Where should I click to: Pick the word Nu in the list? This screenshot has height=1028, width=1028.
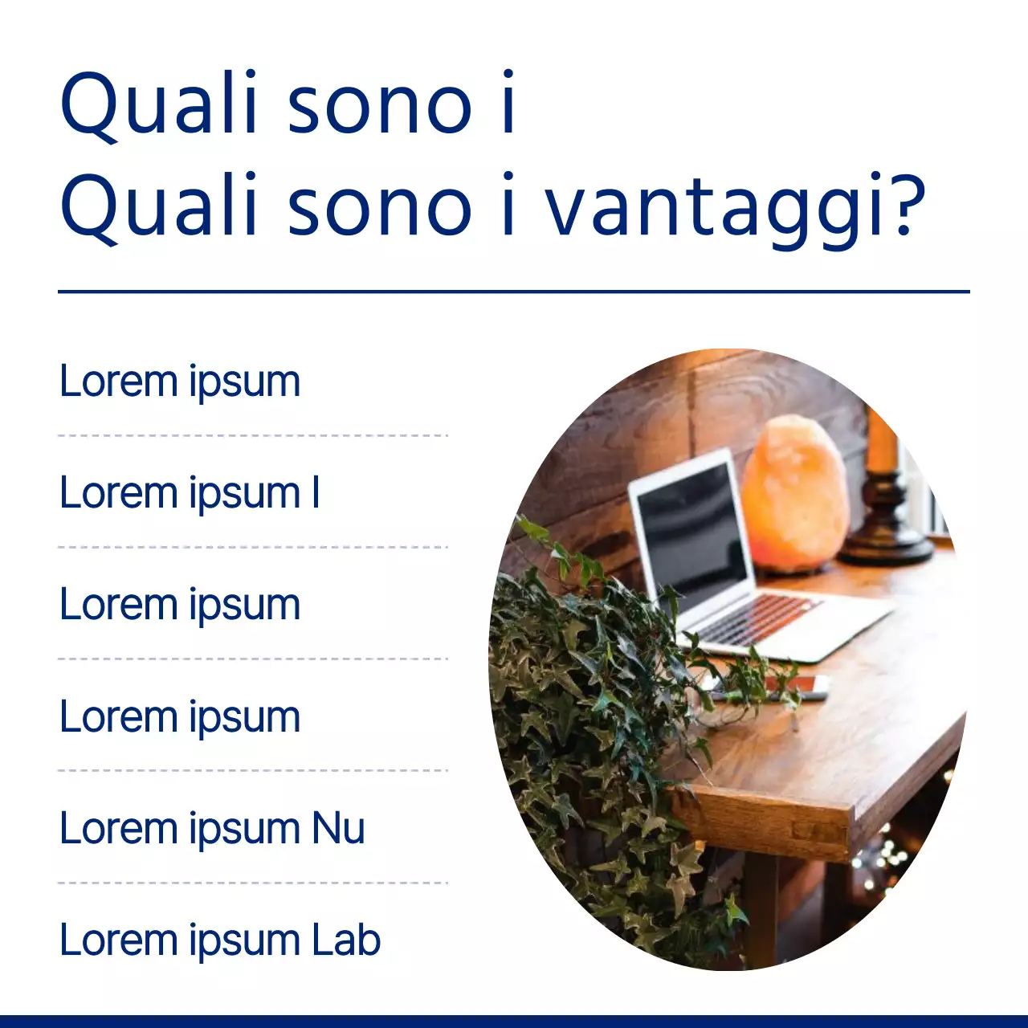(338, 828)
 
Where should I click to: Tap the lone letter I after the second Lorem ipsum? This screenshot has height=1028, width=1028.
(316, 492)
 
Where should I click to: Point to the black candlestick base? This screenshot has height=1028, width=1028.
(886, 530)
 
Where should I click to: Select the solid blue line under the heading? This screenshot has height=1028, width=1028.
(514, 292)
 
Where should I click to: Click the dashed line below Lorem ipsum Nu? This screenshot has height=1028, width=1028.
(253, 883)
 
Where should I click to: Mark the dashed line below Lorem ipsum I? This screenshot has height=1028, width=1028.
(253, 547)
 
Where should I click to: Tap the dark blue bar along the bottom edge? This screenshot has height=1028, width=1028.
(514, 1021)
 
